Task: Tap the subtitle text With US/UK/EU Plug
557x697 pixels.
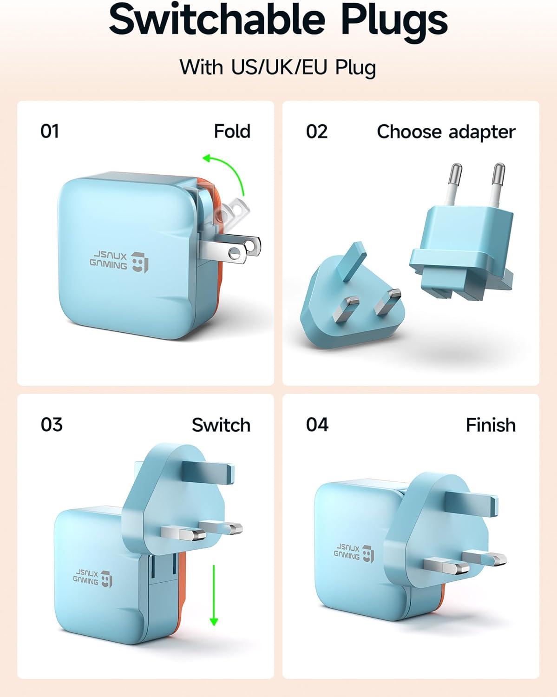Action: [x=278, y=67]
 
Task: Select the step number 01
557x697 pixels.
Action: [x=50, y=132]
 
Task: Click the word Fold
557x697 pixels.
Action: [x=232, y=132]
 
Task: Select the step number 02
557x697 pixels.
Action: [x=317, y=132]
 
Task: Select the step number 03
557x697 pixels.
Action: [x=51, y=425]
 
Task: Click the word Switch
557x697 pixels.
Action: [x=221, y=425]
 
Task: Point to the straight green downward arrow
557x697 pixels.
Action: [x=214, y=595]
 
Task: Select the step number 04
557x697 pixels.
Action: [x=317, y=425]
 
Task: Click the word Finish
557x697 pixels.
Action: [x=491, y=425]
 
